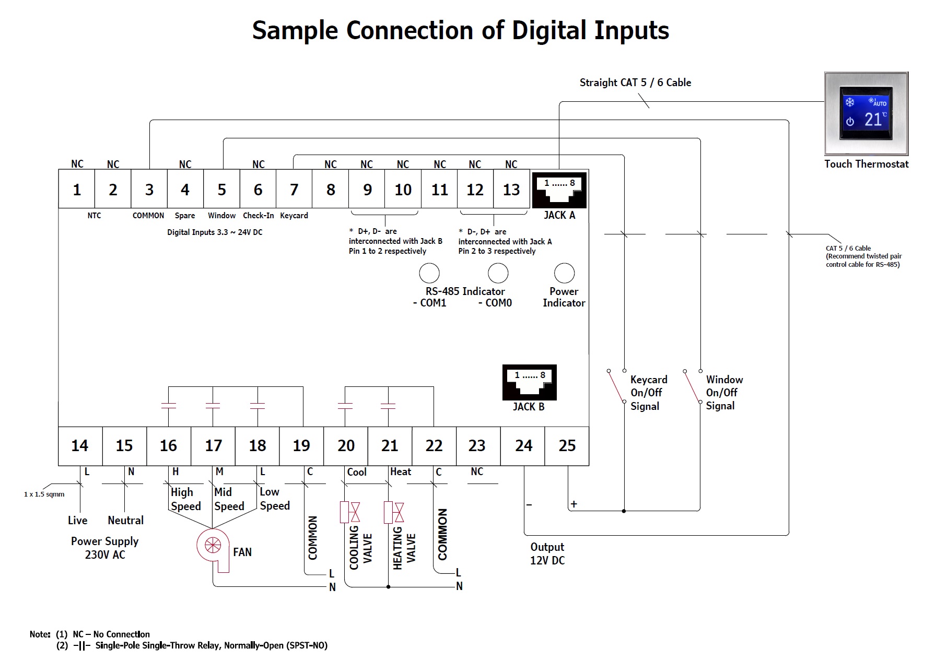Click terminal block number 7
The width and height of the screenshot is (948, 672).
294,190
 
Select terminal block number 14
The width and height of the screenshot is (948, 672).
80,446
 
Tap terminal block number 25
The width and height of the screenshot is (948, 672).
567,446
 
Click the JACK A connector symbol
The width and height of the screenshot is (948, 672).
559,191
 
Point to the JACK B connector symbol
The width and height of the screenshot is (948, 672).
529,382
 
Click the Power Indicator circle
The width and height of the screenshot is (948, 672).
564,273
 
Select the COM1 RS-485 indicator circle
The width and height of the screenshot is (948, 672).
429,273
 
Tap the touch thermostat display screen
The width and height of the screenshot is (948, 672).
866,113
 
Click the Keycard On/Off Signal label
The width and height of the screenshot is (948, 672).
648,393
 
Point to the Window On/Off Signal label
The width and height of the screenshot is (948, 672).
724,393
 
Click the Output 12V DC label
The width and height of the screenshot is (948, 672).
547,553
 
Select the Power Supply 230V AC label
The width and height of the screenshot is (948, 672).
104,548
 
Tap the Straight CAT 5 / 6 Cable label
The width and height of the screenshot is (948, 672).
635,82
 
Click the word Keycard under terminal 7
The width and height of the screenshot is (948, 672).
294,216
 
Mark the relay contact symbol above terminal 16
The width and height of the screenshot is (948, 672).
169,406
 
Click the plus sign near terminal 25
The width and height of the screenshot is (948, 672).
574,504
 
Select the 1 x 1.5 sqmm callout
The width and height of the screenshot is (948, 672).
44,494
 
